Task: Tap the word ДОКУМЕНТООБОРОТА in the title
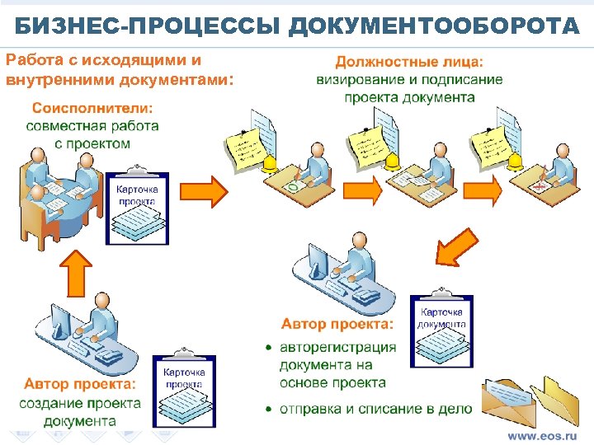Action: point(436,27)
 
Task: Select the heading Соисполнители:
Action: point(92,108)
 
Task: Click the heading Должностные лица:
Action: point(409,62)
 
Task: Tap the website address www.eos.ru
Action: point(542,435)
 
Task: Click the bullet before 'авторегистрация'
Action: point(269,349)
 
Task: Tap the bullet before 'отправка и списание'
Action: point(269,409)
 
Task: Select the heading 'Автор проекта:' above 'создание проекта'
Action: point(79,384)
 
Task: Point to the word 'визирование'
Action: point(358,80)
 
